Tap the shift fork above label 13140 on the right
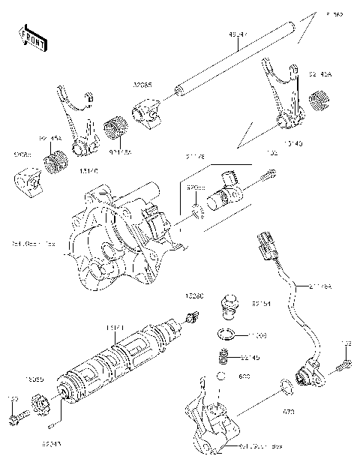tap(279, 97)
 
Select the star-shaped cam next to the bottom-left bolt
tap(43, 406)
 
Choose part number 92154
tap(261, 304)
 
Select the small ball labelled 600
tap(223, 376)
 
